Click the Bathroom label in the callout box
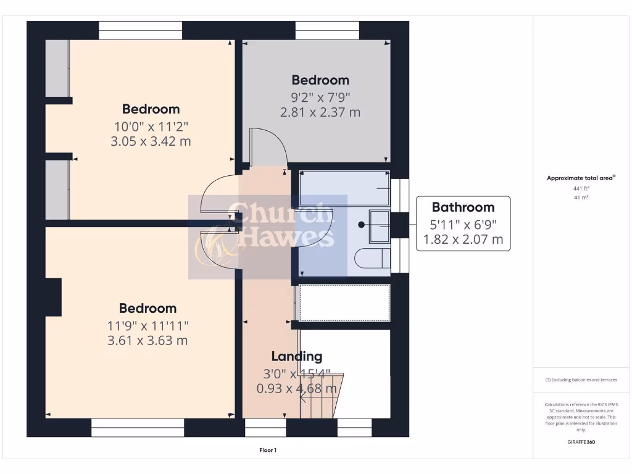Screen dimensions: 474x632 click(463, 207)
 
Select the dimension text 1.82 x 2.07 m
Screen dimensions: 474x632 click(463, 239)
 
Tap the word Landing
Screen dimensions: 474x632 click(297, 356)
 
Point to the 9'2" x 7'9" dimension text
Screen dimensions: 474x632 click(320, 96)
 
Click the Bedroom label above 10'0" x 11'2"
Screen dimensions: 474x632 click(151, 109)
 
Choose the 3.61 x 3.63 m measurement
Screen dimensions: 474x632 click(148, 341)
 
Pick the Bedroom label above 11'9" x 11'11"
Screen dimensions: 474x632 click(148, 309)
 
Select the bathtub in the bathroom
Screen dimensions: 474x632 click(344, 189)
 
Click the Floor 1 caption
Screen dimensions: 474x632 click(268, 451)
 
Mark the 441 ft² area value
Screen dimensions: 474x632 click(581, 188)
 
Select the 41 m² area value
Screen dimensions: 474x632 click(581, 197)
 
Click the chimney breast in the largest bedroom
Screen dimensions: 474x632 click(53, 297)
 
